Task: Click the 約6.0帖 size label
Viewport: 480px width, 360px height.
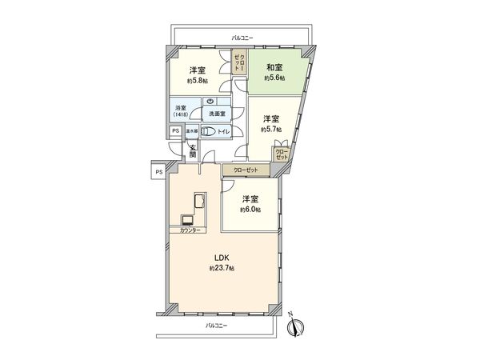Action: pyautogui.click(x=250, y=210)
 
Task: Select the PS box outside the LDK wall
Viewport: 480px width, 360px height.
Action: pyautogui.click(x=158, y=171)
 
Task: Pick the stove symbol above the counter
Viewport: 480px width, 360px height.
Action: pyautogui.click(x=187, y=220)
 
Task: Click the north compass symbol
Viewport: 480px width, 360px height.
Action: pyautogui.click(x=294, y=326)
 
